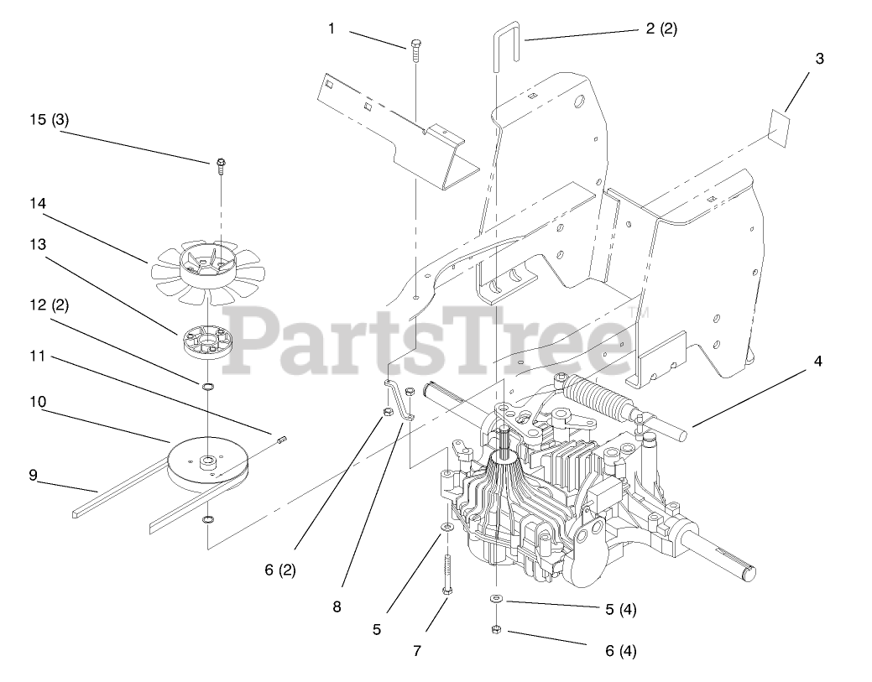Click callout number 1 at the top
(x=332, y=29)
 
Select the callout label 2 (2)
(x=661, y=28)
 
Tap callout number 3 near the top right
(x=819, y=59)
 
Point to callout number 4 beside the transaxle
(x=818, y=362)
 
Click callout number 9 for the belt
(x=34, y=475)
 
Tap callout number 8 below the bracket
(x=337, y=607)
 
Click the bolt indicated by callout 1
(x=415, y=50)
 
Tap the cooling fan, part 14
(x=206, y=268)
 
